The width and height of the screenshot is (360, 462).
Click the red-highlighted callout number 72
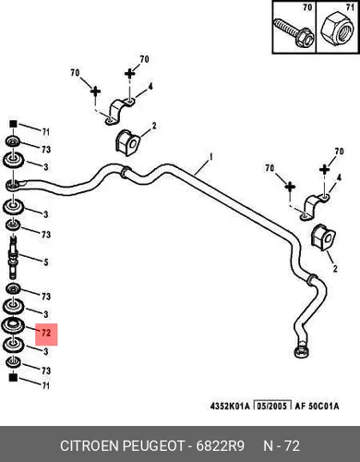pos(46,333)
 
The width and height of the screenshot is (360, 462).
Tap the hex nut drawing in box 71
pos(337,29)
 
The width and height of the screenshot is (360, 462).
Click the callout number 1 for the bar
pos(210,157)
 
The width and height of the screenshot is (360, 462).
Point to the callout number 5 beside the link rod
pos(46,262)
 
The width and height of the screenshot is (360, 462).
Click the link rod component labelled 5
pos(14,257)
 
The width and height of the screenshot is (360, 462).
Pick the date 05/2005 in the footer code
pos(272,406)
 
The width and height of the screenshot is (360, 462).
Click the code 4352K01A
pos(230,406)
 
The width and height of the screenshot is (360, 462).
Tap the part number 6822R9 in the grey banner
pos(221,445)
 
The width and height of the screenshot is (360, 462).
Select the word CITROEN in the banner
pos(90,445)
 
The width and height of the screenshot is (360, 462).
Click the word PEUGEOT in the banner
pos(154,445)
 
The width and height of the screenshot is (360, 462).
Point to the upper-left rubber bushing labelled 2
pos(127,142)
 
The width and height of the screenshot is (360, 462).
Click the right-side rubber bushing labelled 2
pos(323,237)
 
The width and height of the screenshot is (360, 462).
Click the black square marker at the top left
pos(13,124)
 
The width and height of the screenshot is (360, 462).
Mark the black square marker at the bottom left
pos(13,377)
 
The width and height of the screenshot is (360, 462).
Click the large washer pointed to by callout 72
pos(13,325)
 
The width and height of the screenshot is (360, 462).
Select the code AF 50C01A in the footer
pos(317,406)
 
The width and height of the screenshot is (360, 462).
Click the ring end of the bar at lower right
pos(301,351)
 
